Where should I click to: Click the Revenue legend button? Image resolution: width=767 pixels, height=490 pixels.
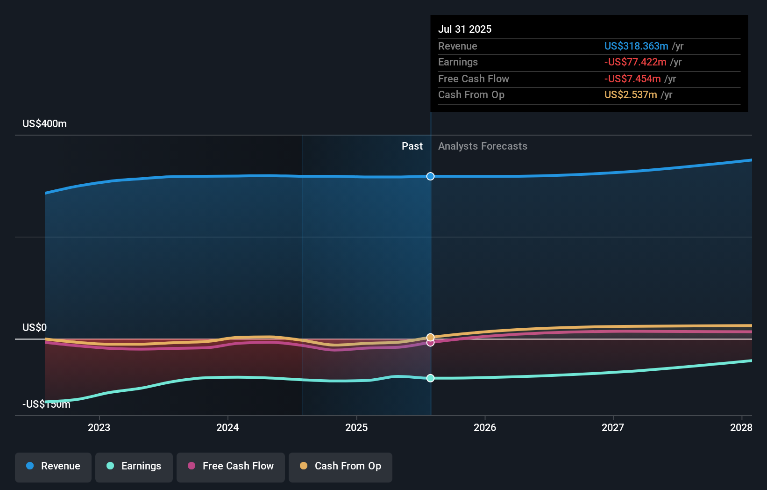[53, 466]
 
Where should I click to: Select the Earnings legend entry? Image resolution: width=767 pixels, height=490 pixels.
[134, 466]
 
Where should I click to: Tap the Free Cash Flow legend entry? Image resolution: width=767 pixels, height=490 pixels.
[231, 466]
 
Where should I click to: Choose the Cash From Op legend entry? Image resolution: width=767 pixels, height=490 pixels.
[341, 466]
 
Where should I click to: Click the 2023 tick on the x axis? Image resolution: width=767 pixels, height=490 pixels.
[99, 427]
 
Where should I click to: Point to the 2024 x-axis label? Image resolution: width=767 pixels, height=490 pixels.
[227, 427]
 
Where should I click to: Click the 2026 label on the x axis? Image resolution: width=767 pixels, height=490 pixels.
[485, 427]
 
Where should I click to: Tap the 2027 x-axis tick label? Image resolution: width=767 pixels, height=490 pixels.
[613, 427]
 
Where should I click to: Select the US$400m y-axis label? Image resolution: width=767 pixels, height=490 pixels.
[44, 124]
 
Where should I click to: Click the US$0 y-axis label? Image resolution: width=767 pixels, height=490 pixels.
[35, 327]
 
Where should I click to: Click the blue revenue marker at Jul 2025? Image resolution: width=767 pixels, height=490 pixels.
[430, 176]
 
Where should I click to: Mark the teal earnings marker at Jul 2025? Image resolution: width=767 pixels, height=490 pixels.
[430, 378]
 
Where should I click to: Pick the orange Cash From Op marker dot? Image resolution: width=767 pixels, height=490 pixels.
[430, 337]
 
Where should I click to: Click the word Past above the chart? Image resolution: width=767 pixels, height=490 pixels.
[412, 146]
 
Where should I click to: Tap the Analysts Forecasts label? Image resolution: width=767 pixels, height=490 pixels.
[483, 146]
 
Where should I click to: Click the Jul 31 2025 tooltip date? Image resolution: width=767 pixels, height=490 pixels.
[465, 29]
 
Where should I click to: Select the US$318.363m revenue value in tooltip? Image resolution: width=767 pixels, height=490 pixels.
[636, 46]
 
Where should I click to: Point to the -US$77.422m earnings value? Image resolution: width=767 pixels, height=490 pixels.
[635, 62]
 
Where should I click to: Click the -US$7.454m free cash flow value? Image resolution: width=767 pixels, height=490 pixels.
[632, 79]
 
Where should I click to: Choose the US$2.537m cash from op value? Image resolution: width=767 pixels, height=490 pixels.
[630, 95]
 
